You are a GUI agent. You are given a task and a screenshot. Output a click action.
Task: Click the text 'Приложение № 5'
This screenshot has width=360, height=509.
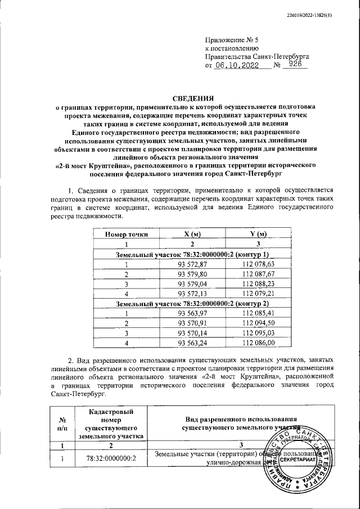point(231,40)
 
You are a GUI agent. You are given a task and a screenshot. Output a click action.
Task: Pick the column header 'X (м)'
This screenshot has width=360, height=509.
point(192,234)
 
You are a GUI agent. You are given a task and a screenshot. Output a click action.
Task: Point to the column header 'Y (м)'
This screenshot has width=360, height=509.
point(258,234)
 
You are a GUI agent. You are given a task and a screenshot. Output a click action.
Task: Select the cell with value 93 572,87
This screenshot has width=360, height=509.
point(192,264)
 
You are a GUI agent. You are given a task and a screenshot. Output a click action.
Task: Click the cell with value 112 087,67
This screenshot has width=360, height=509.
point(258,274)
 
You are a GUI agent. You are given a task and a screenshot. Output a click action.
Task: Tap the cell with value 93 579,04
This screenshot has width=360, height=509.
point(192,284)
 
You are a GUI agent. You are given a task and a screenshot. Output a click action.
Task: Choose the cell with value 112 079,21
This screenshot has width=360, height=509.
point(258,294)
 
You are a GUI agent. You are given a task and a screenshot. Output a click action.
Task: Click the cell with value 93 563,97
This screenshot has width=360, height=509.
point(192,313)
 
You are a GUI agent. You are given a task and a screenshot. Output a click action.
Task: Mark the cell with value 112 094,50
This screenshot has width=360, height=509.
point(258,323)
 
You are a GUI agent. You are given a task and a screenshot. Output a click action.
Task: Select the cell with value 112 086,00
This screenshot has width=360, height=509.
point(258,343)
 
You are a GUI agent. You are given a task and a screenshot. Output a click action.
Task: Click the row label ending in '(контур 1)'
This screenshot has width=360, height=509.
point(192,255)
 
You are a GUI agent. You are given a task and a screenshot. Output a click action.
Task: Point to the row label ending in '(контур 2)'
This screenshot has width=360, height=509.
point(192,304)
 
